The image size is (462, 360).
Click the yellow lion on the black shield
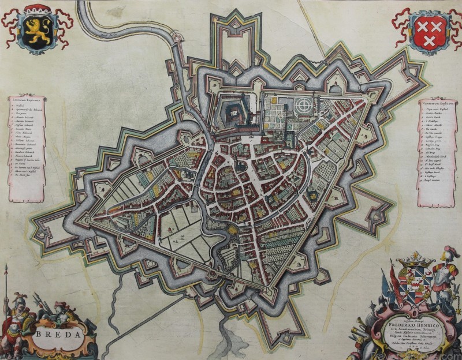coord(38,32)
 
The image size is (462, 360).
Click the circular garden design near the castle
coord(302,106)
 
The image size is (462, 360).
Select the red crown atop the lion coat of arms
coord(38,8)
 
